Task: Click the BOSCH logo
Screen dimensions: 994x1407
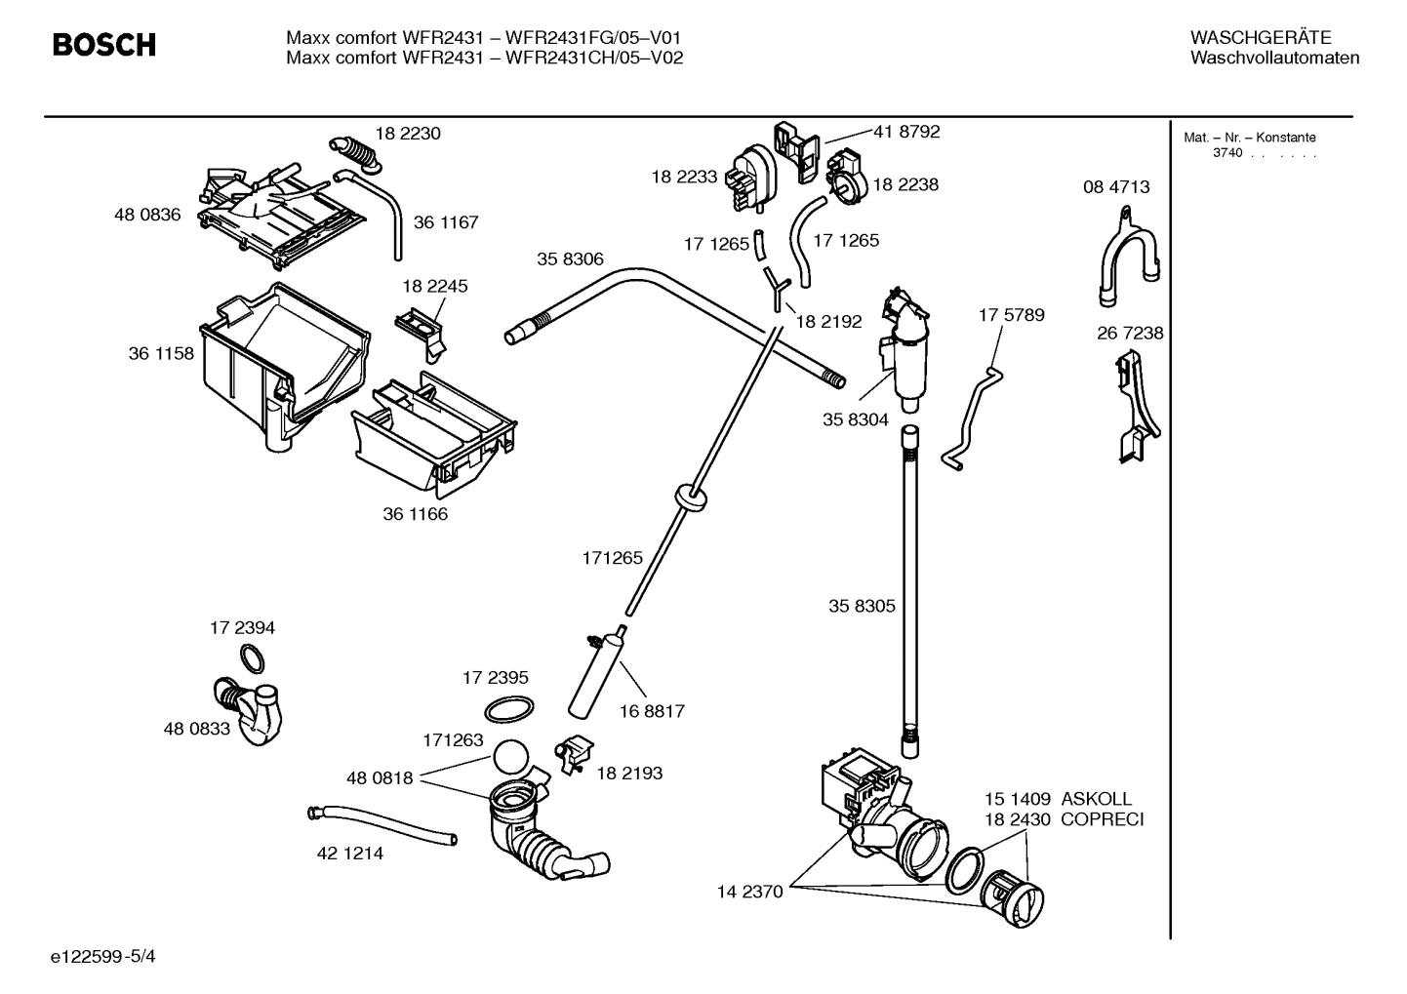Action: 103,45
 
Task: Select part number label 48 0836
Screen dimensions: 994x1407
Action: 147,215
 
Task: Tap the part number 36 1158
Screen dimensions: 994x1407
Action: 161,353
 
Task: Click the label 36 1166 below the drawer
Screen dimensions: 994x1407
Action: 415,514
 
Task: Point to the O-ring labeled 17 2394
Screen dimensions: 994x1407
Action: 251,659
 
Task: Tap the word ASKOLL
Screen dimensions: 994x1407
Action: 1097,799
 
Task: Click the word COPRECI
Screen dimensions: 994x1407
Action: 1102,819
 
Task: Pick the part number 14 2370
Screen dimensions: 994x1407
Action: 749,891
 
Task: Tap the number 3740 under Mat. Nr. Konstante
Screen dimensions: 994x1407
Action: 1227,153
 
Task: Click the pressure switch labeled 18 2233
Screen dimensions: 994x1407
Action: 751,178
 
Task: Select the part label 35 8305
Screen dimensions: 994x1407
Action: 862,606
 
